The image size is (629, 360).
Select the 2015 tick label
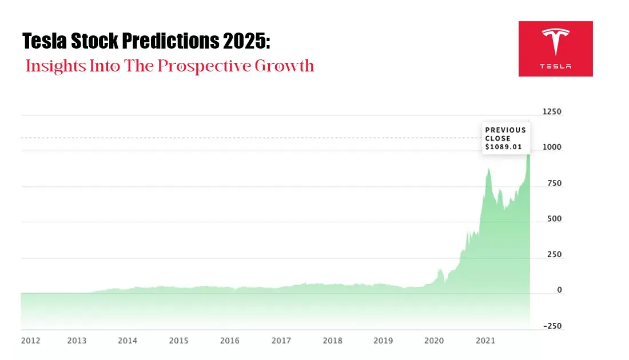[178, 341]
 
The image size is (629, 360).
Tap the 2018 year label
[332, 341]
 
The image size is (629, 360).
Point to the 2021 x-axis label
[485, 341]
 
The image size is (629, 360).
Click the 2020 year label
[434, 341]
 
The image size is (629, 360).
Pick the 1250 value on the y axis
[552, 112]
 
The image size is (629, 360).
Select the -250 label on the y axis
[552, 326]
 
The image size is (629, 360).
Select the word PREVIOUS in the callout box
[505, 130]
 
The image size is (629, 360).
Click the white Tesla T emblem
[555, 43]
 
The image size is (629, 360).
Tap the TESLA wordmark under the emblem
[555, 66]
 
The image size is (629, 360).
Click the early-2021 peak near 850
[488, 169]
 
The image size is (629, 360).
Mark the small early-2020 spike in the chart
[440, 269]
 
